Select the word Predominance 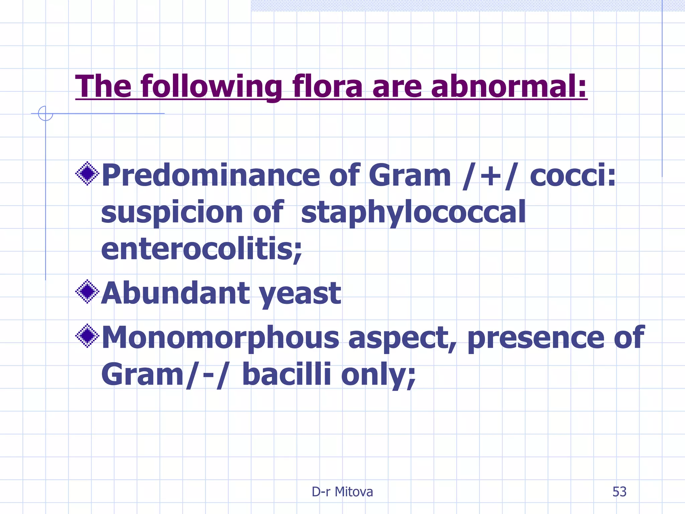[211, 176]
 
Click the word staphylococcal [413, 213]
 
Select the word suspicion [172, 213]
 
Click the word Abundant [175, 293]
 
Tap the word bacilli [286, 374]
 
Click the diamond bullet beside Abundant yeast [87, 291]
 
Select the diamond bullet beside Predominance [87, 173]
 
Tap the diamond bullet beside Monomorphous [87, 336]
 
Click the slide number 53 [619, 492]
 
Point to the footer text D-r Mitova [342, 492]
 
